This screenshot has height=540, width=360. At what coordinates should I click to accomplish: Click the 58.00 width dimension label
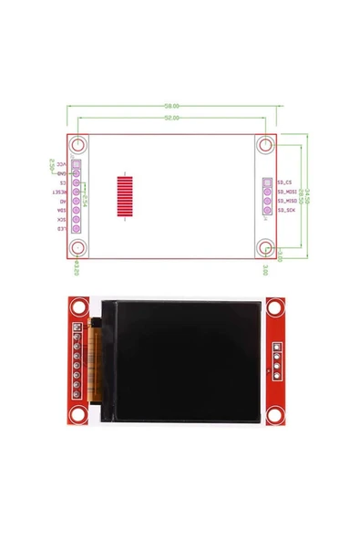pyautogui.click(x=171, y=106)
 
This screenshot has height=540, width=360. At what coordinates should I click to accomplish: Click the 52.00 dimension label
pyautogui.click(x=171, y=118)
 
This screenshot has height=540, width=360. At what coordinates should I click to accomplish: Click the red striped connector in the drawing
pyautogui.click(x=126, y=194)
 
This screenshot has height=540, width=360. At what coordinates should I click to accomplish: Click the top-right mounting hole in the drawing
pyautogui.click(x=266, y=145)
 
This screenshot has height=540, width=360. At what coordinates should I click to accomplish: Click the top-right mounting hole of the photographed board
pyautogui.click(x=282, y=307)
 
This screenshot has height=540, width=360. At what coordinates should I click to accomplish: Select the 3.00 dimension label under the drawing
pyautogui.click(x=265, y=270)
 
